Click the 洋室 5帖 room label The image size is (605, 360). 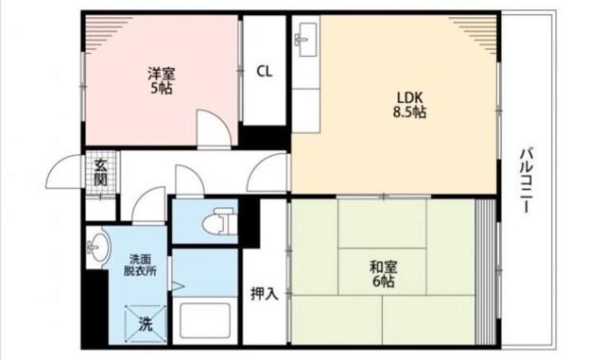pyautogui.click(x=162, y=81)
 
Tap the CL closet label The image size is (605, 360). pyautogui.click(x=265, y=72)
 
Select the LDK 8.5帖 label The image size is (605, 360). pyautogui.click(x=409, y=104)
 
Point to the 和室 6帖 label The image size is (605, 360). pyautogui.click(x=383, y=274)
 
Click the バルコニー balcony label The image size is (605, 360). pyautogui.click(x=527, y=180)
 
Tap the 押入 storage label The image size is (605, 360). pyautogui.click(x=265, y=294)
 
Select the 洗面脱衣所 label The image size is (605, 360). pyautogui.click(x=140, y=265)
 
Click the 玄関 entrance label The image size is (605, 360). pyautogui.click(x=100, y=173)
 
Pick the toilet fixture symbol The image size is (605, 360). pyautogui.click(x=218, y=221)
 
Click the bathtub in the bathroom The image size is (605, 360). pyautogui.click(x=205, y=320)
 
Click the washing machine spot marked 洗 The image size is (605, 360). pyautogui.click(x=146, y=323)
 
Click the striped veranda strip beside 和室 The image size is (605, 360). pyautogui.click(x=485, y=271)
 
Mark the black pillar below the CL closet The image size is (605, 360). pyautogui.click(x=265, y=137)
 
